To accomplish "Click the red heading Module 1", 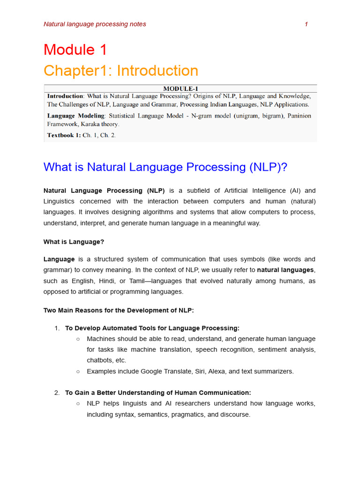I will click(x=75, y=50).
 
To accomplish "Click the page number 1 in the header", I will click(x=306, y=24).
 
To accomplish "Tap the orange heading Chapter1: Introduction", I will click(x=121, y=71).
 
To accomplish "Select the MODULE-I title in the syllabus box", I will click(x=180, y=88).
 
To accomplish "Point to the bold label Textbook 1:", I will click(x=64, y=135).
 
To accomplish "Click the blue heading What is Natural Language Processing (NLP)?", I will click(x=165, y=167).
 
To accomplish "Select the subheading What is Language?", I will click(x=74, y=242).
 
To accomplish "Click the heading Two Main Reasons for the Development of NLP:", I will click(x=119, y=310).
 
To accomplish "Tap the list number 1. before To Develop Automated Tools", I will click(x=57, y=328).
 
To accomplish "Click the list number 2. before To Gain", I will click(x=57, y=392).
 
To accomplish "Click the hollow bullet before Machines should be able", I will click(x=78, y=339).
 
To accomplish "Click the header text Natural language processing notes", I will click(x=95, y=24).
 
